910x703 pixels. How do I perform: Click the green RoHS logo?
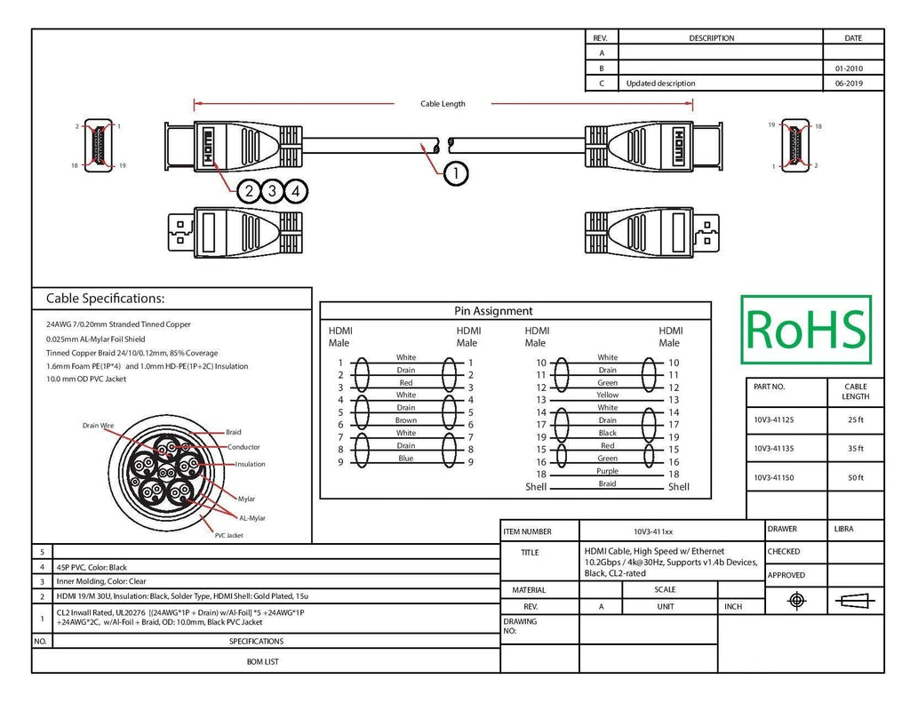pyautogui.click(x=806, y=330)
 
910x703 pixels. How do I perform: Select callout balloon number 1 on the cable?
pyautogui.click(x=456, y=173)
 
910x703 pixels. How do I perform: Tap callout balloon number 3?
pyautogui.click(x=272, y=191)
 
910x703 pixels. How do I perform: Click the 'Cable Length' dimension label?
pyautogui.click(x=443, y=104)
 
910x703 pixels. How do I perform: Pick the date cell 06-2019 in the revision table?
pyautogui.click(x=849, y=83)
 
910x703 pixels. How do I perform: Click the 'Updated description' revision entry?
pyautogui.click(x=660, y=83)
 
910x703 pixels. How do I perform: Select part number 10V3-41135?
pyautogui.click(x=774, y=448)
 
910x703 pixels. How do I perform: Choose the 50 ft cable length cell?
pyautogui.click(x=856, y=478)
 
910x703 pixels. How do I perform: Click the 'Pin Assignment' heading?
pyautogui.click(x=493, y=310)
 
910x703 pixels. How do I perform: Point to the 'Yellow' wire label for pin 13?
pyautogui.click(x=608, y=395)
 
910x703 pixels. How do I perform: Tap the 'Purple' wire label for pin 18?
pyautogui.click(x=608, y=471)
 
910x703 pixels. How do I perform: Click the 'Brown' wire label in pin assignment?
pyautogui.click(x=405, y=420)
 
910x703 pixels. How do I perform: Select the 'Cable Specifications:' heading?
pyautogui.click(x=105, y=299)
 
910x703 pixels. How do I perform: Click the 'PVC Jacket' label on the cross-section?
pyautogui.click(x=229, y=535)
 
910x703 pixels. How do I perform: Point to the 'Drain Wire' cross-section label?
pyautogui.click(x=98, y=426)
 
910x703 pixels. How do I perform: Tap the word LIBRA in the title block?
pyautogui.click(x=844, y=529)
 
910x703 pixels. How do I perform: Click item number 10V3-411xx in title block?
pyautogui.click(x=653, y=531)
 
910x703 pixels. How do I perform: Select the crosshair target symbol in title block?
pyautogui.click(x=797, y=600)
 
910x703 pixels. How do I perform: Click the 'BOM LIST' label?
pyautogui.click(x=263, y=661)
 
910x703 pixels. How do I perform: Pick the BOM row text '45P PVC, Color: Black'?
pyautogui.click(x=92, y=567)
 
